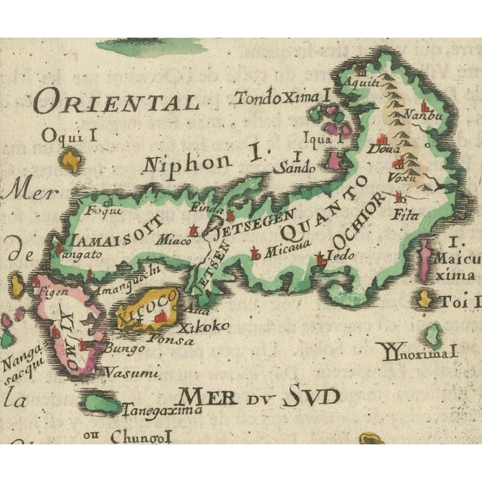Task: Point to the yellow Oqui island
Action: pos(71,160)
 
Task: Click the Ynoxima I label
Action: pos(419,349)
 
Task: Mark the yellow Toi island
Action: pos(425,301)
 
